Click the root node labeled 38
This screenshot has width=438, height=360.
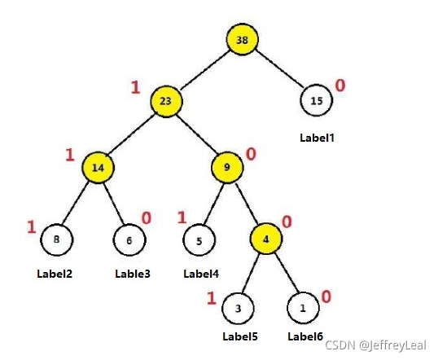pyautogui.click(x=242, y=39)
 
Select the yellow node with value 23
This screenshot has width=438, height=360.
pyautogui.click(x=166, y=101)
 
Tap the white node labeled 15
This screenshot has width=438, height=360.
pyautogui.click(x=317, y=100)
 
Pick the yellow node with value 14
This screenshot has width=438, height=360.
pyautogui.click(x=98, y=168)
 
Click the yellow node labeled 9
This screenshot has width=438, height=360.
pyautogui.click(x=227, y=168)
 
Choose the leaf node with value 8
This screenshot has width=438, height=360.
pyautogui.click(x=57, y=239)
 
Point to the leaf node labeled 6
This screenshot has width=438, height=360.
pyautogui.click(x=129, y=240)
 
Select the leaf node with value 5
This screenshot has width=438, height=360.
pyautogui.click(x=199, y=240)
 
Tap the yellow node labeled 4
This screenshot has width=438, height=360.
pyautogui.click(x=266, y=239)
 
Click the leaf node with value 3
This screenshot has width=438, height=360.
pyautogui.click(x=238, y=309)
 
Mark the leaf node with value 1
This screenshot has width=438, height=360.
pyautogui.click(x=303, y=308)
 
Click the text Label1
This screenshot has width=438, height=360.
pyautogui.click(x=317, y=138)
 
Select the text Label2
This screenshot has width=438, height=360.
pyautogui.click(x=55, y=274)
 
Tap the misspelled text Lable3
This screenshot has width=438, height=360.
pyautogui.click(x=133, y=274)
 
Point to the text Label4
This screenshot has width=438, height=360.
pyautogui.click(x=201, y=274)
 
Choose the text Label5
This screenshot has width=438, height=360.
pyautogui.click(x=240, y=336)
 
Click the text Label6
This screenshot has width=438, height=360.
pyautogui.click(x=305, y=336)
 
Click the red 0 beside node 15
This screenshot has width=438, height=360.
pyautogui.click(x=340, y=86)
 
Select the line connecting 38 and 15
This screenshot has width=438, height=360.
pyautogui.click(x=279, y=68)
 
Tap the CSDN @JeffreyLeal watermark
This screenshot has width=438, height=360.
pyautogui.click(x=375, y=345)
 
